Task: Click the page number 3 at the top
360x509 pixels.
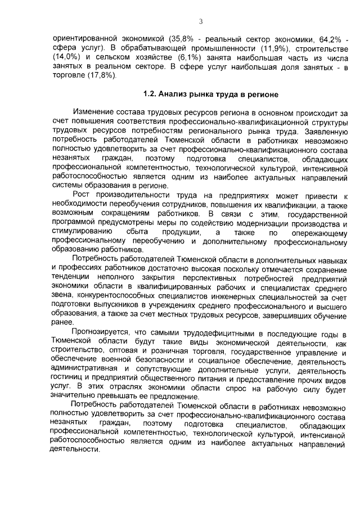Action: (200, 21)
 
